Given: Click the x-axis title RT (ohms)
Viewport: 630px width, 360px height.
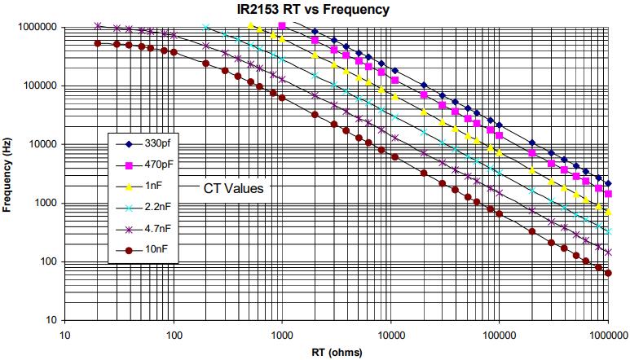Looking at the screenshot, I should [x=337, y=353].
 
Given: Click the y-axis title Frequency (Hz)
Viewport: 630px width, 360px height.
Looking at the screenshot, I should [x=7, y=172].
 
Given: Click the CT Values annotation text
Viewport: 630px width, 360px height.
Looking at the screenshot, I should [x=231, y=188].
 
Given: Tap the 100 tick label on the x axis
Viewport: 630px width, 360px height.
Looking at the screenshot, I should [x=174, y=334].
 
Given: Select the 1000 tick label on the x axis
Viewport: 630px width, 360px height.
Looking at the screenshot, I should [x=282, y=334].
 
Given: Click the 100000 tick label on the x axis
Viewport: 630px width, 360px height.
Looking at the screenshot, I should [x=500, y=334].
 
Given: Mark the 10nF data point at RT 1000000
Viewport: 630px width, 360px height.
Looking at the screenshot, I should [x=608, y=273].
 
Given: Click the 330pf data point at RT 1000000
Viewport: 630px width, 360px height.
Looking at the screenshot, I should [x=608, y=184].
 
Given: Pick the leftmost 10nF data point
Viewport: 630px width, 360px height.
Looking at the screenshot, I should [x=98, y=43].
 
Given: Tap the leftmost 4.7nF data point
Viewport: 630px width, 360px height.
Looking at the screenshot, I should [x=98, y=26].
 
